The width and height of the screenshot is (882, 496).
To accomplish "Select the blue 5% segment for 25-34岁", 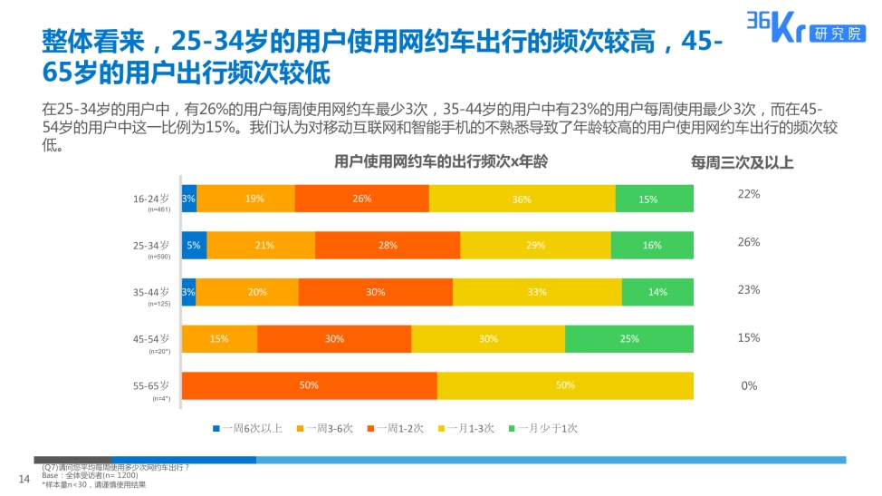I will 194,245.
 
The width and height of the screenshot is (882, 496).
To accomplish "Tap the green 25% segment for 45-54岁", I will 629,338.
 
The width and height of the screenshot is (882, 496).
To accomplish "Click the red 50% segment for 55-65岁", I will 309,385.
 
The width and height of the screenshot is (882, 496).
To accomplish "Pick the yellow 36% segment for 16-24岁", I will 522,199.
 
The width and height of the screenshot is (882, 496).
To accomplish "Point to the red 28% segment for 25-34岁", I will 388,245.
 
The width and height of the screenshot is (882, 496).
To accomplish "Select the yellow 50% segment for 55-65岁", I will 565,385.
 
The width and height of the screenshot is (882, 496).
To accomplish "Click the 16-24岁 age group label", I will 151,198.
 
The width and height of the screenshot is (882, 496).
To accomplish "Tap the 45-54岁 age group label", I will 151,338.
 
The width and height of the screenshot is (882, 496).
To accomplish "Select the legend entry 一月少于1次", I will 542,428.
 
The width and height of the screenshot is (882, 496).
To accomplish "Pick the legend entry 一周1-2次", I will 395,428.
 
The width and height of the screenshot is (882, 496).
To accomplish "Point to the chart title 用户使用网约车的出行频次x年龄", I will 441,162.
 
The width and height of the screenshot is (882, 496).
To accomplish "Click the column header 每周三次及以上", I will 743,163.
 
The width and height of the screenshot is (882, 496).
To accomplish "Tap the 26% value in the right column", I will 749,242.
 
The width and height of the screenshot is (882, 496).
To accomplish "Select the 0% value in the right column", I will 749,385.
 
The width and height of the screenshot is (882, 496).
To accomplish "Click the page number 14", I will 24,479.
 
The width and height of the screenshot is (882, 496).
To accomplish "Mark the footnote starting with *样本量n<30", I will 94,485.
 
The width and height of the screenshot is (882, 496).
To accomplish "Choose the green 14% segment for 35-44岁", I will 657,292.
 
